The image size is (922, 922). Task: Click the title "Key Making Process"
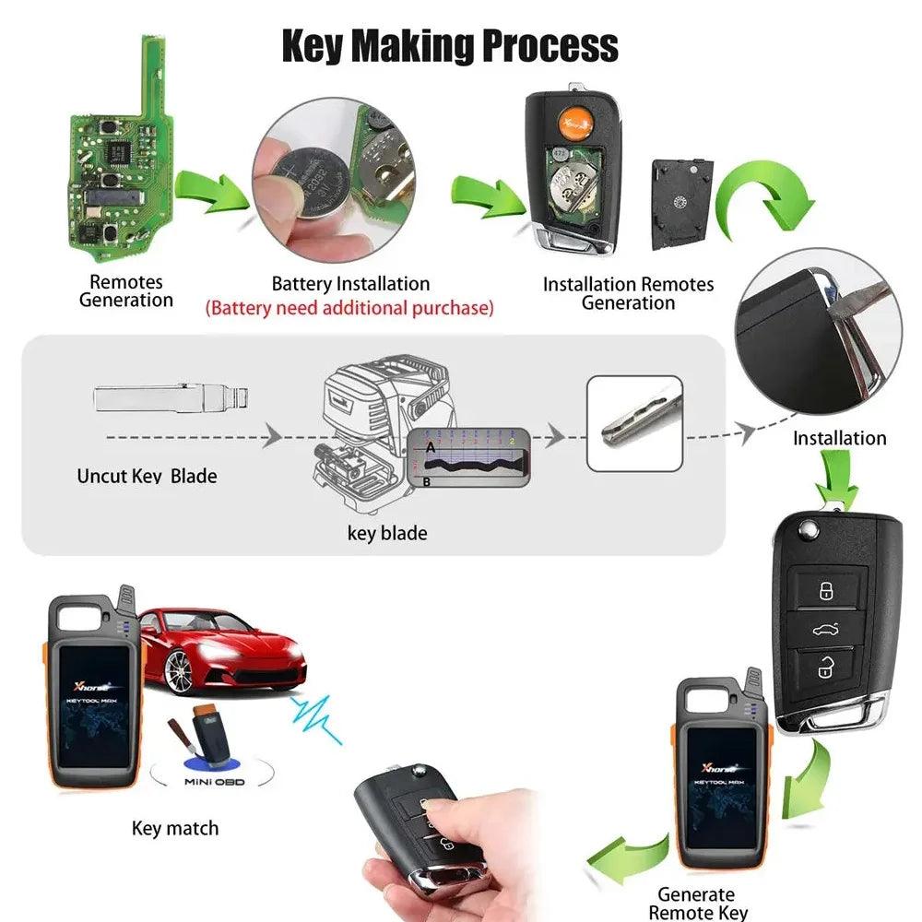point(449,45)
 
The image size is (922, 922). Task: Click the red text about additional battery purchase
point(350,308)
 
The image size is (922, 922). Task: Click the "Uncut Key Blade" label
point(147,477)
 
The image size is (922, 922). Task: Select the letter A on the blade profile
point(430,446)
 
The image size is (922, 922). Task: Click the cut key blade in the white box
point(635,422)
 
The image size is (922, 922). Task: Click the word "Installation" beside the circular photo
point(839,438)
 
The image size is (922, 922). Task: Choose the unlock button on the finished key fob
point(825,668)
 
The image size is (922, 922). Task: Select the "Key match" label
point(175,828)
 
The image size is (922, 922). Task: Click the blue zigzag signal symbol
point(315,716)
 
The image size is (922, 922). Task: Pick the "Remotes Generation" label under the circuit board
point(126,291)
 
